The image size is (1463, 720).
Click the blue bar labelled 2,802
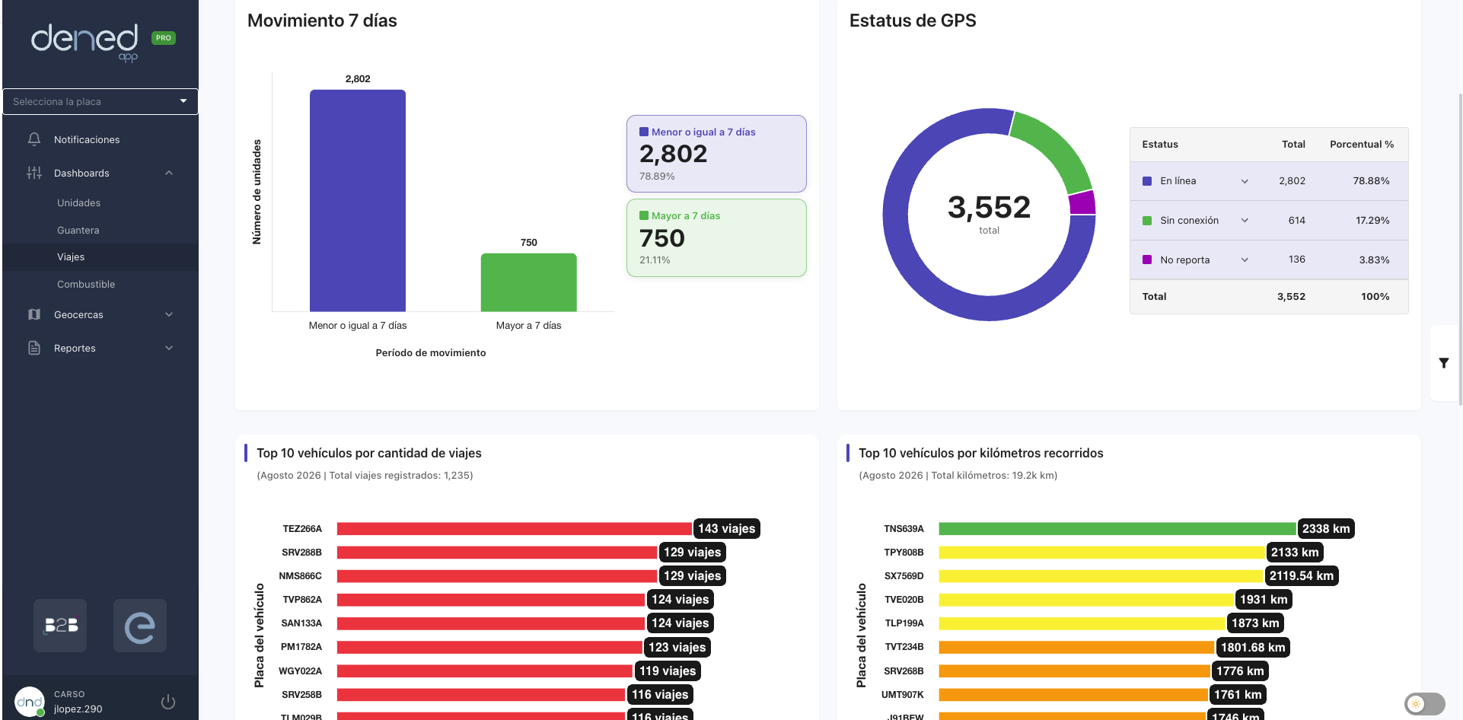[358, 201]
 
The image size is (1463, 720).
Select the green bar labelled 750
[528, 282]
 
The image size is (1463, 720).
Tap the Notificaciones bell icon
[34, 139]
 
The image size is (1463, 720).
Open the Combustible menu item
[86, 284]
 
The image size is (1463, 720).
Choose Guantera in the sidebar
[78, 230]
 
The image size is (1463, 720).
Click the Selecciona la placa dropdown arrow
[183, 101]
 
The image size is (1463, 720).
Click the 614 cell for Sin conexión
[1297, 220]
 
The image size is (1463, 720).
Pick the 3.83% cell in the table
[1374, 260]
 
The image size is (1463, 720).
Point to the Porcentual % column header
[1362, 144]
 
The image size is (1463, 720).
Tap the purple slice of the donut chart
[1082, 202]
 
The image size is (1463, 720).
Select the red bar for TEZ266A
[515, 528]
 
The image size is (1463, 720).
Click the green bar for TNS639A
[1117, 528]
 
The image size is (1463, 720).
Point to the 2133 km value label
[1295, 553]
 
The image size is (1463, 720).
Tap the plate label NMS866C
[300, 576]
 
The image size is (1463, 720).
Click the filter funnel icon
[1444, 363]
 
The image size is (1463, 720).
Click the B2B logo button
[60, 626]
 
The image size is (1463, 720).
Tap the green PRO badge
[164, 38]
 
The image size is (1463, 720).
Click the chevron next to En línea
[1245, 181]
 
